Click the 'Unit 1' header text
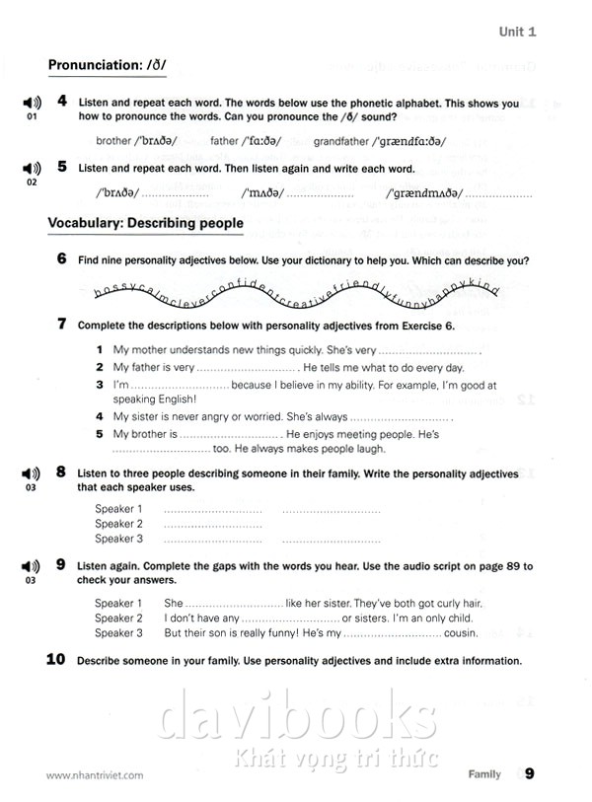coord(518,32)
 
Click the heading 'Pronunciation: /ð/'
coord(108,66)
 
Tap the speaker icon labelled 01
coord(31,104)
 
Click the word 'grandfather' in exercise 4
coord(341,141)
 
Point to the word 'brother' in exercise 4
coord(113,141)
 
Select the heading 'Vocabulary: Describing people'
coord(145,224)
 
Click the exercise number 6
coord(61,259)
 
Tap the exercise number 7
coord(61,324)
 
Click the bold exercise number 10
coord(57,660)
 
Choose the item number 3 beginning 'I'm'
coord(100,385)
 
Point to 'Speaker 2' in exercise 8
coord(118,524)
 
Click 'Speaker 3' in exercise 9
coord(118,633)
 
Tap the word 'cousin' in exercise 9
coord(460,633)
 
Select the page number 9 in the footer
coord(530,774)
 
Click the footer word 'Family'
coord(483,775)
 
